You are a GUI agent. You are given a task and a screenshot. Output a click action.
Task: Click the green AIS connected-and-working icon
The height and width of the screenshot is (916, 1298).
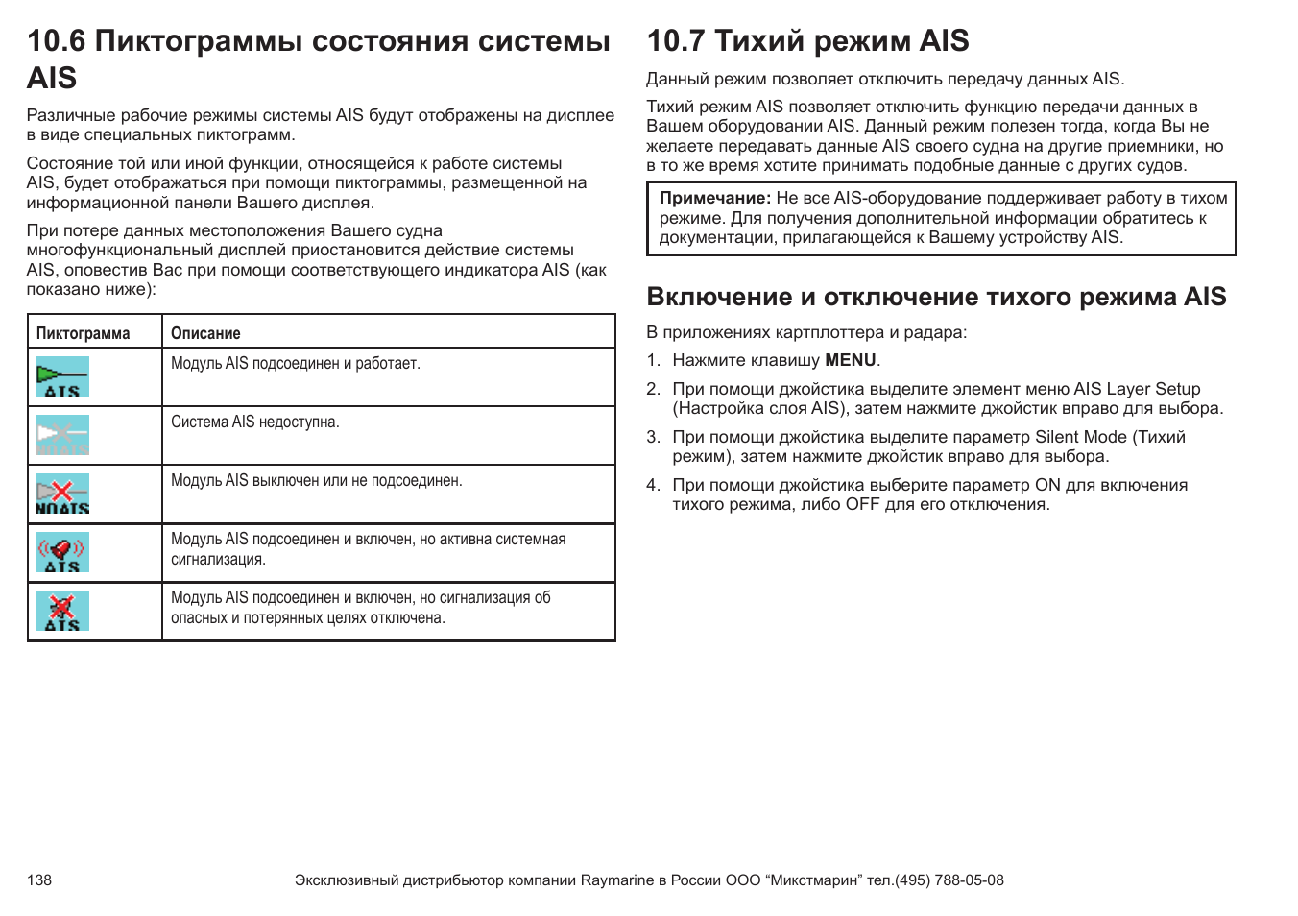(62, 376)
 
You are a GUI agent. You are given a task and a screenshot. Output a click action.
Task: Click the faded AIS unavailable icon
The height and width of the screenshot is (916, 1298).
(62, 435)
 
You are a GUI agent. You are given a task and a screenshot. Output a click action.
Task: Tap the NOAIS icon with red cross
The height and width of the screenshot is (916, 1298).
(62, 494)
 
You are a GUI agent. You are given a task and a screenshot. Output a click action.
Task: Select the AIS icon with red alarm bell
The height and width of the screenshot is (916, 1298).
(62, 552)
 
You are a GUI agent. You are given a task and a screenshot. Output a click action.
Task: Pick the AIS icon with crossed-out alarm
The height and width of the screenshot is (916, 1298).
(62, 611)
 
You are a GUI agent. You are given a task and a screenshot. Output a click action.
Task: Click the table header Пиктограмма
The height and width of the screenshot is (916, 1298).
(83, 333)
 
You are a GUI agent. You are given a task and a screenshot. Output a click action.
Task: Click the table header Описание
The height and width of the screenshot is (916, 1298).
(205, 333)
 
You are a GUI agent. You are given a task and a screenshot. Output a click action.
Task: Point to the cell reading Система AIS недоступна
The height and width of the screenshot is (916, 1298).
(255, 422)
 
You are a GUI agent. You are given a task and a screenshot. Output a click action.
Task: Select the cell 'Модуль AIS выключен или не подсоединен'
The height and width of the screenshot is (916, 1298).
(316, 480)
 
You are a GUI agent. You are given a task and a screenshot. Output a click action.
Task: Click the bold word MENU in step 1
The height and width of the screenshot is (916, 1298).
(850, 360)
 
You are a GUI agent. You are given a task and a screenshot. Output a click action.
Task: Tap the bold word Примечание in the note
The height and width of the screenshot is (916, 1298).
(714, 198)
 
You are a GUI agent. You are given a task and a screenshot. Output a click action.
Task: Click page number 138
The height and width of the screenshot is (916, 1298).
(39, 880)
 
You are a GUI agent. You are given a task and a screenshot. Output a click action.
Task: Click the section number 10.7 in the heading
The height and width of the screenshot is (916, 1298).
(676, 41)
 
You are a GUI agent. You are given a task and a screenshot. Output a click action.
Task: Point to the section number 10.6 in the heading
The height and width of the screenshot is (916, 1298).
(56, 41)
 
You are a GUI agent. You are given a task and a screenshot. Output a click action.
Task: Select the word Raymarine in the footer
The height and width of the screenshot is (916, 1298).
(616, 880)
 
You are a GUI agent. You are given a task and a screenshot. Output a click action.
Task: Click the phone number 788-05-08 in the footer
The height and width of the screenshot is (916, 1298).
(968, 880)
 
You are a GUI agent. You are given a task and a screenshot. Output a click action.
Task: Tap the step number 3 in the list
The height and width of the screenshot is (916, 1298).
(653, 437)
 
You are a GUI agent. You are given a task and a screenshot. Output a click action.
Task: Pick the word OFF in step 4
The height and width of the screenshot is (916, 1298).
(862, 504)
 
